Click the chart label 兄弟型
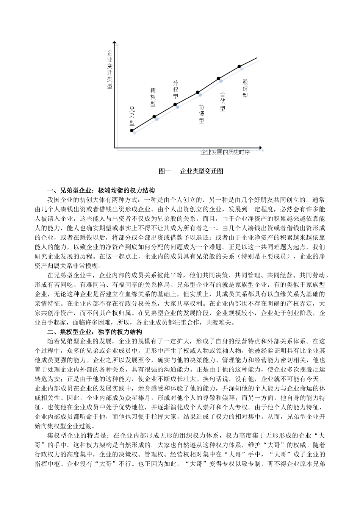click(132, 116)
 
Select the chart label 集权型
click(153, 97)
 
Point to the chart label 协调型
click(202, 114)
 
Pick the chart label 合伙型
click(223, 102)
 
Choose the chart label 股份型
click(245, 89)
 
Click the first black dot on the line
click(132, 130)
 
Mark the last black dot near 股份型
click(239, 67)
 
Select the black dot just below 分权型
click(175, 105)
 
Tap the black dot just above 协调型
click(197, 92)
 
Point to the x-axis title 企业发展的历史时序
click(225, 153)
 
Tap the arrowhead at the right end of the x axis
click(260, 147)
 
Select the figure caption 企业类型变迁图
click(202, 171)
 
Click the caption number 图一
click(165, 171)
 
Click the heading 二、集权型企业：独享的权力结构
click(95, 332)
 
